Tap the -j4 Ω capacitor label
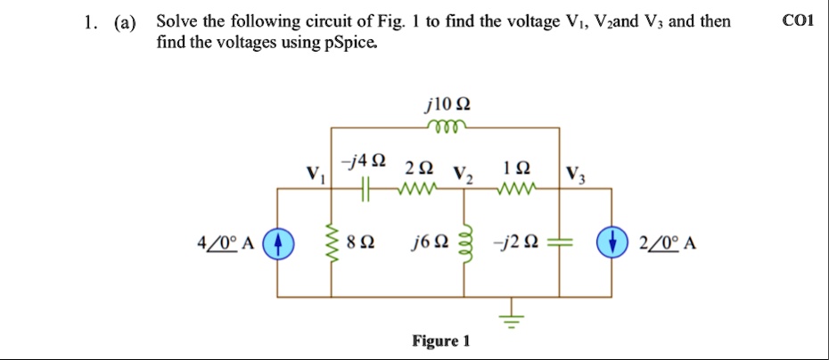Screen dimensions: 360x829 [365, 161]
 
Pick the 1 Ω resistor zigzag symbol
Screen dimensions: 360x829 [517, 188]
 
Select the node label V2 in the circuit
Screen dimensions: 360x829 [464, 174]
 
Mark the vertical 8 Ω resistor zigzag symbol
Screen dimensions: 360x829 [334, 241]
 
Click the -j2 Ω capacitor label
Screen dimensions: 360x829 [520, 241]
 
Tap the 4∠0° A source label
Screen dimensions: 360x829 [227, 241]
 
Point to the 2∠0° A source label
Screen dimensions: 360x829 [663, 241]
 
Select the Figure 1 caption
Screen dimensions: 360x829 [440, 341]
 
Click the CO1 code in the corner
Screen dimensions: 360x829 [797, 21]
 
